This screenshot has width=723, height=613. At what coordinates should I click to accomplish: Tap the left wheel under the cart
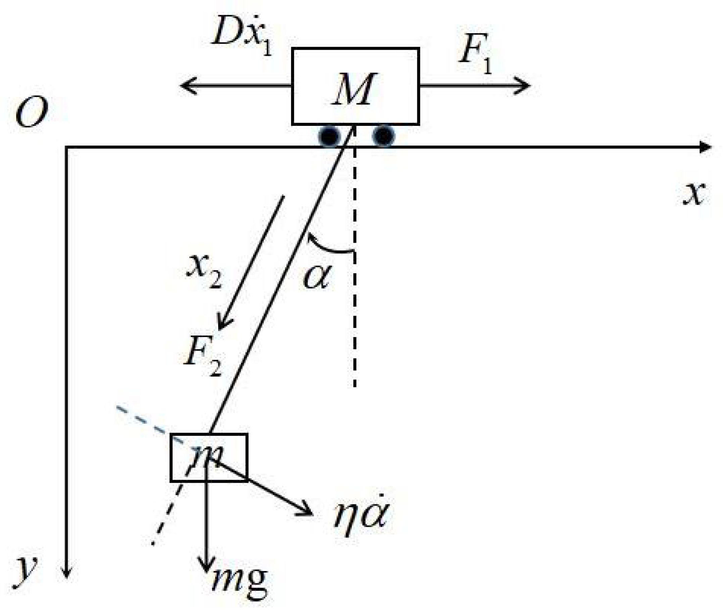(x=329, y=136)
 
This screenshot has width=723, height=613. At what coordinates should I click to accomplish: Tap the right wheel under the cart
(x=383, y=136)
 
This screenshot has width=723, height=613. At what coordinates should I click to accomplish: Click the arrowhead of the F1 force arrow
(x=525, y=86)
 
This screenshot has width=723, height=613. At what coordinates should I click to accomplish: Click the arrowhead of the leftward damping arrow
(x=186, y=86)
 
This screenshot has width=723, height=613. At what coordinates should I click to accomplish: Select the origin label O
(x=31, y=112)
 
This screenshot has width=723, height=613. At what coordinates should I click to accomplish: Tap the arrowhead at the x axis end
(x=705, y=147)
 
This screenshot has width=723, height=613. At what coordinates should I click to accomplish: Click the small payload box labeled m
(x=209, y=457)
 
